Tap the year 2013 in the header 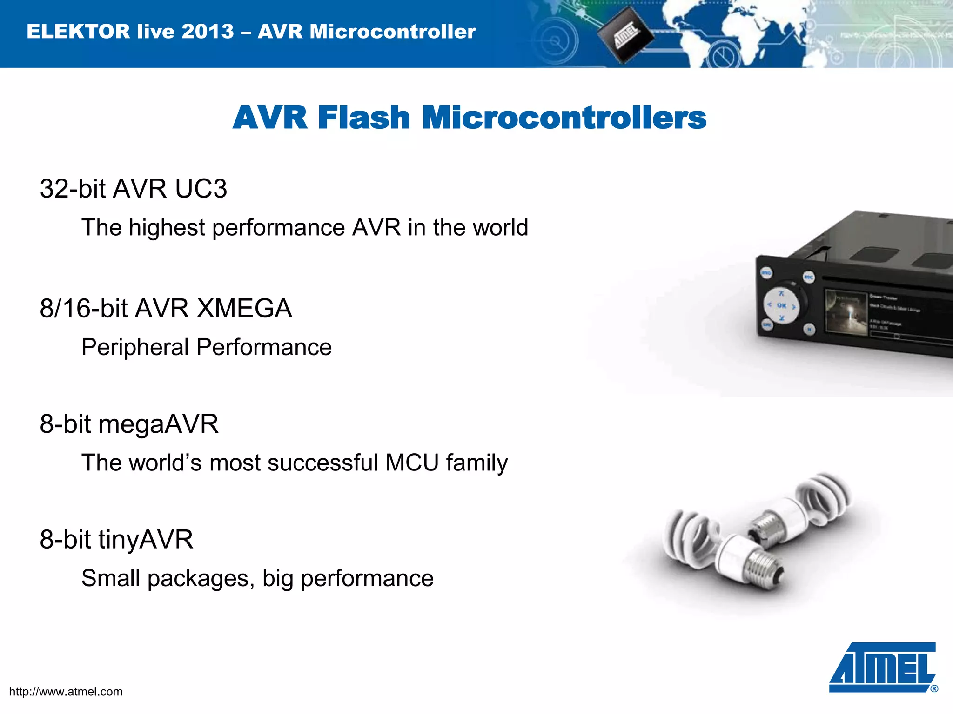(207, 32)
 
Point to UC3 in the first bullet (201, 189)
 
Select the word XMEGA (244, 309)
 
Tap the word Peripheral (134, 348)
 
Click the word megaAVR (158, 424)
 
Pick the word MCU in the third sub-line (412, 463)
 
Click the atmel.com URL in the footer (66, 692)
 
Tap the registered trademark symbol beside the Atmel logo (934, 689)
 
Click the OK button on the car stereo (782, 306)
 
